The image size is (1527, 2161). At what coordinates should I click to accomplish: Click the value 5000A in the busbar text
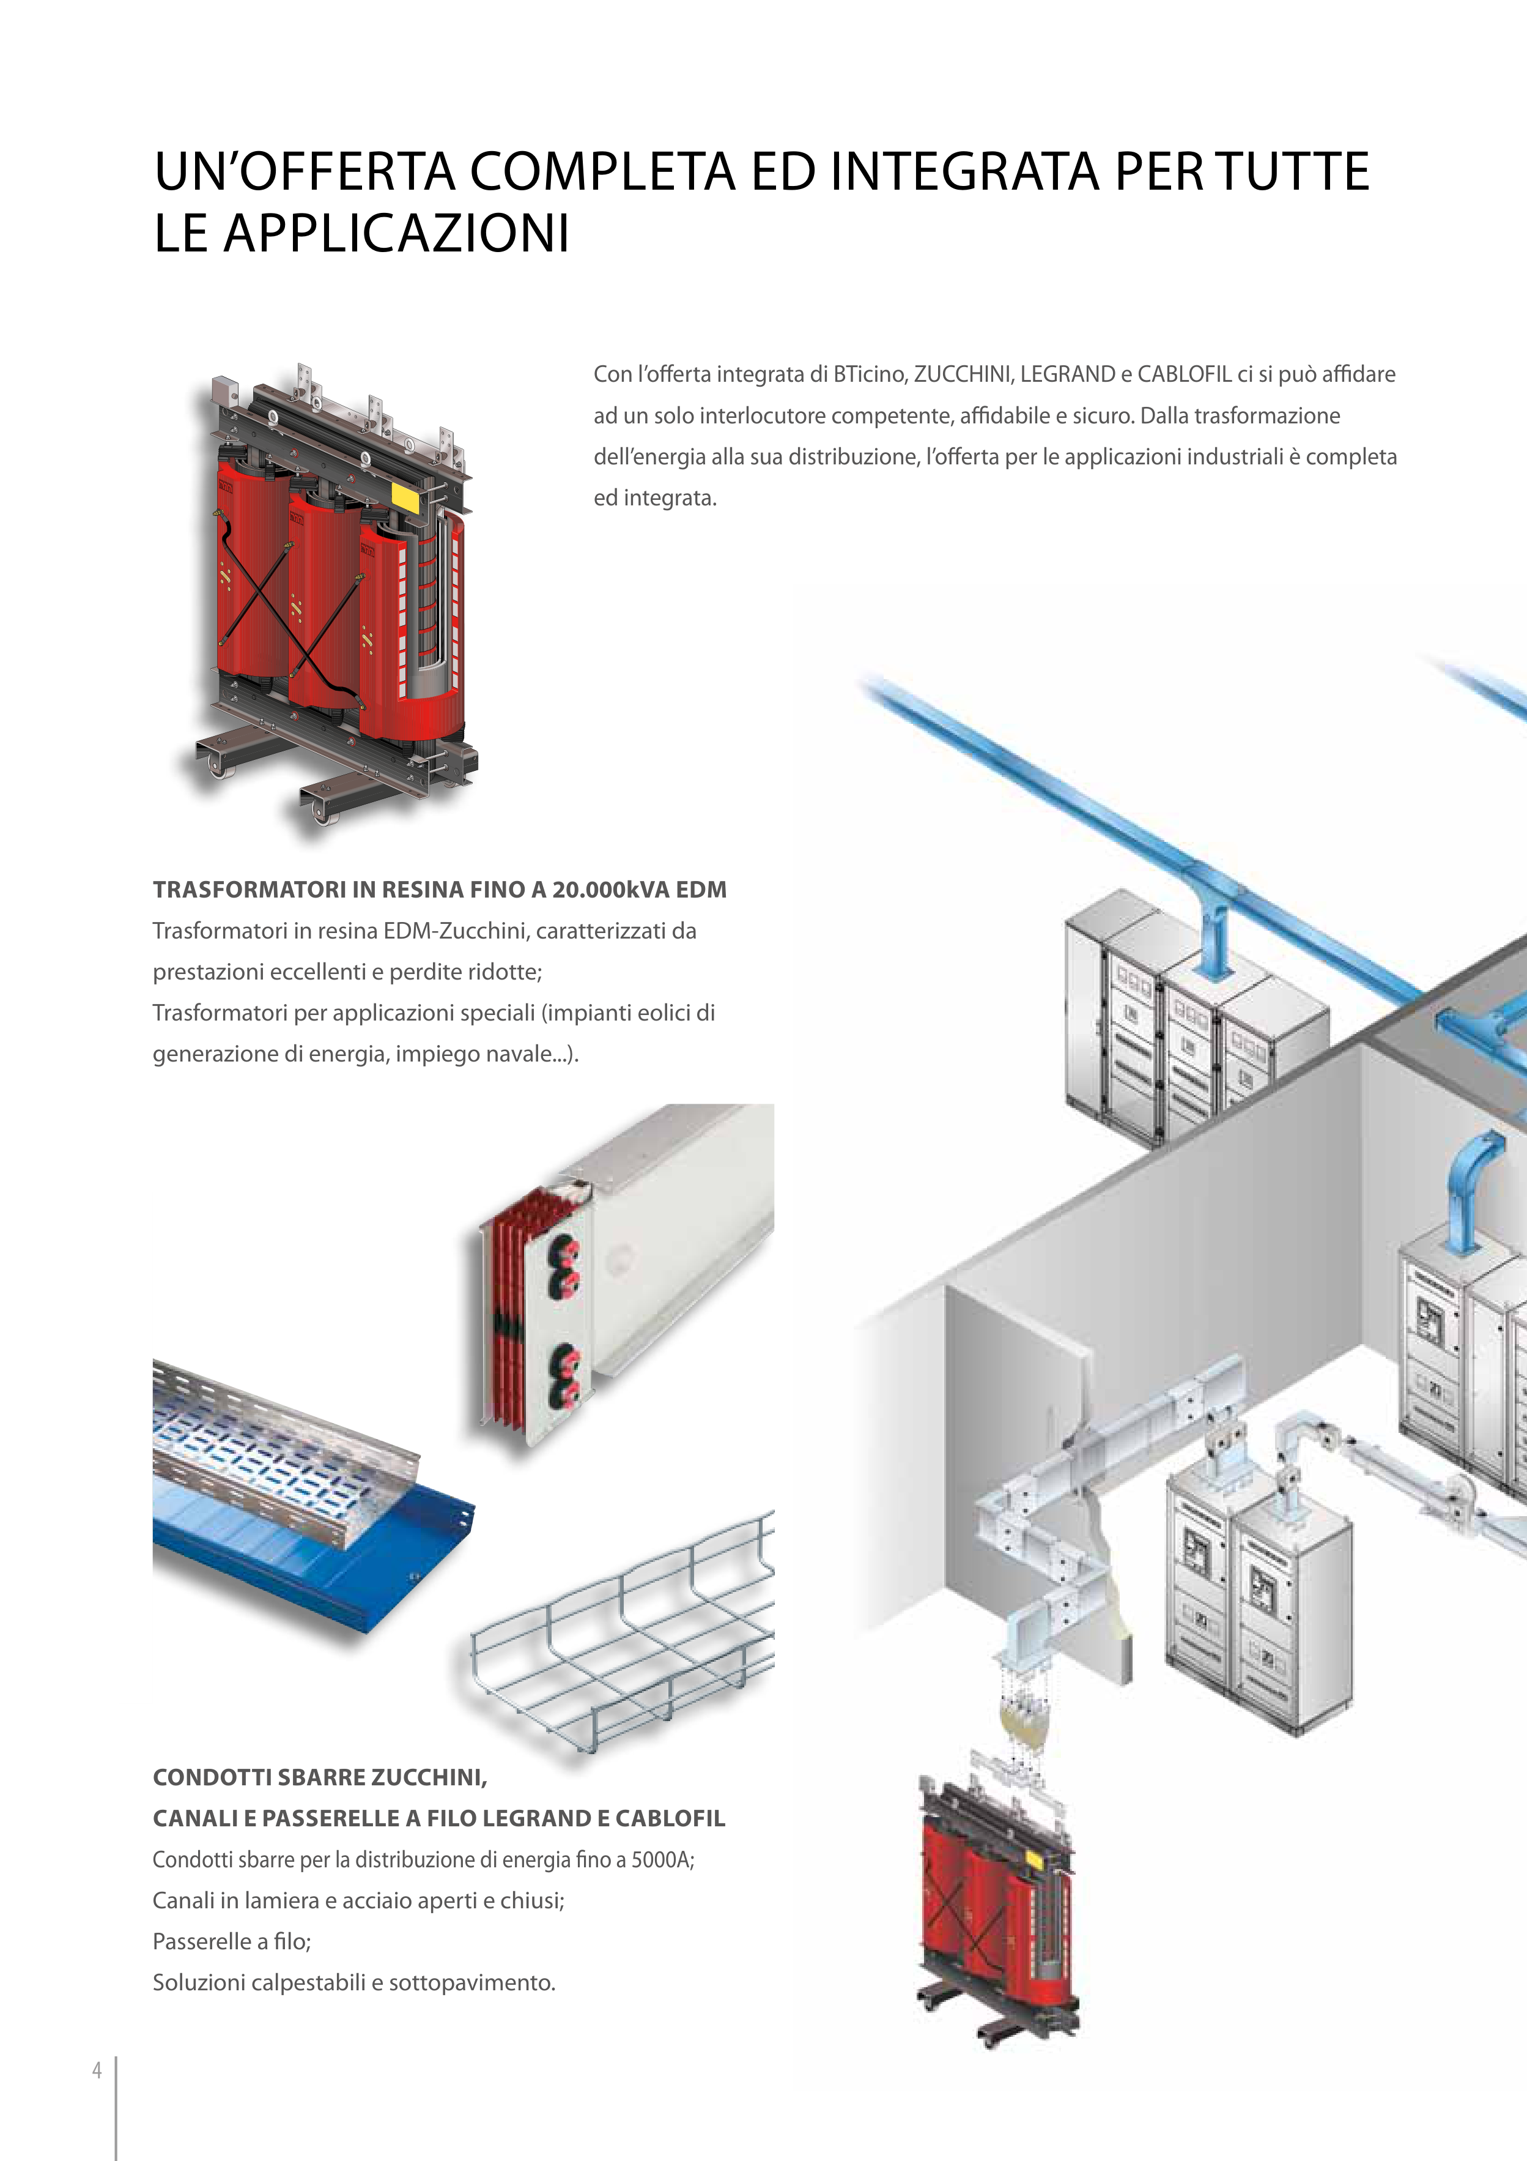tap(662, 1860)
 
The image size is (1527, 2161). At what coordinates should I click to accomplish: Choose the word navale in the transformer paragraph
tap(533, 1054)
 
